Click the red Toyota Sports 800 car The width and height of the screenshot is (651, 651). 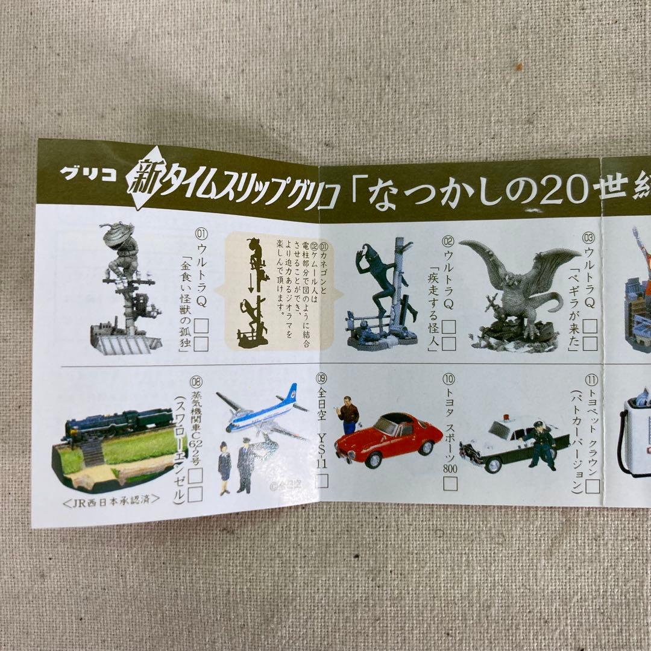389,438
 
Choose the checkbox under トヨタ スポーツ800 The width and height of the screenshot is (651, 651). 450,483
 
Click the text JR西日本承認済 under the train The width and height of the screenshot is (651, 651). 112,499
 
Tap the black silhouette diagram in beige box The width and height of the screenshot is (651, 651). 253,292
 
